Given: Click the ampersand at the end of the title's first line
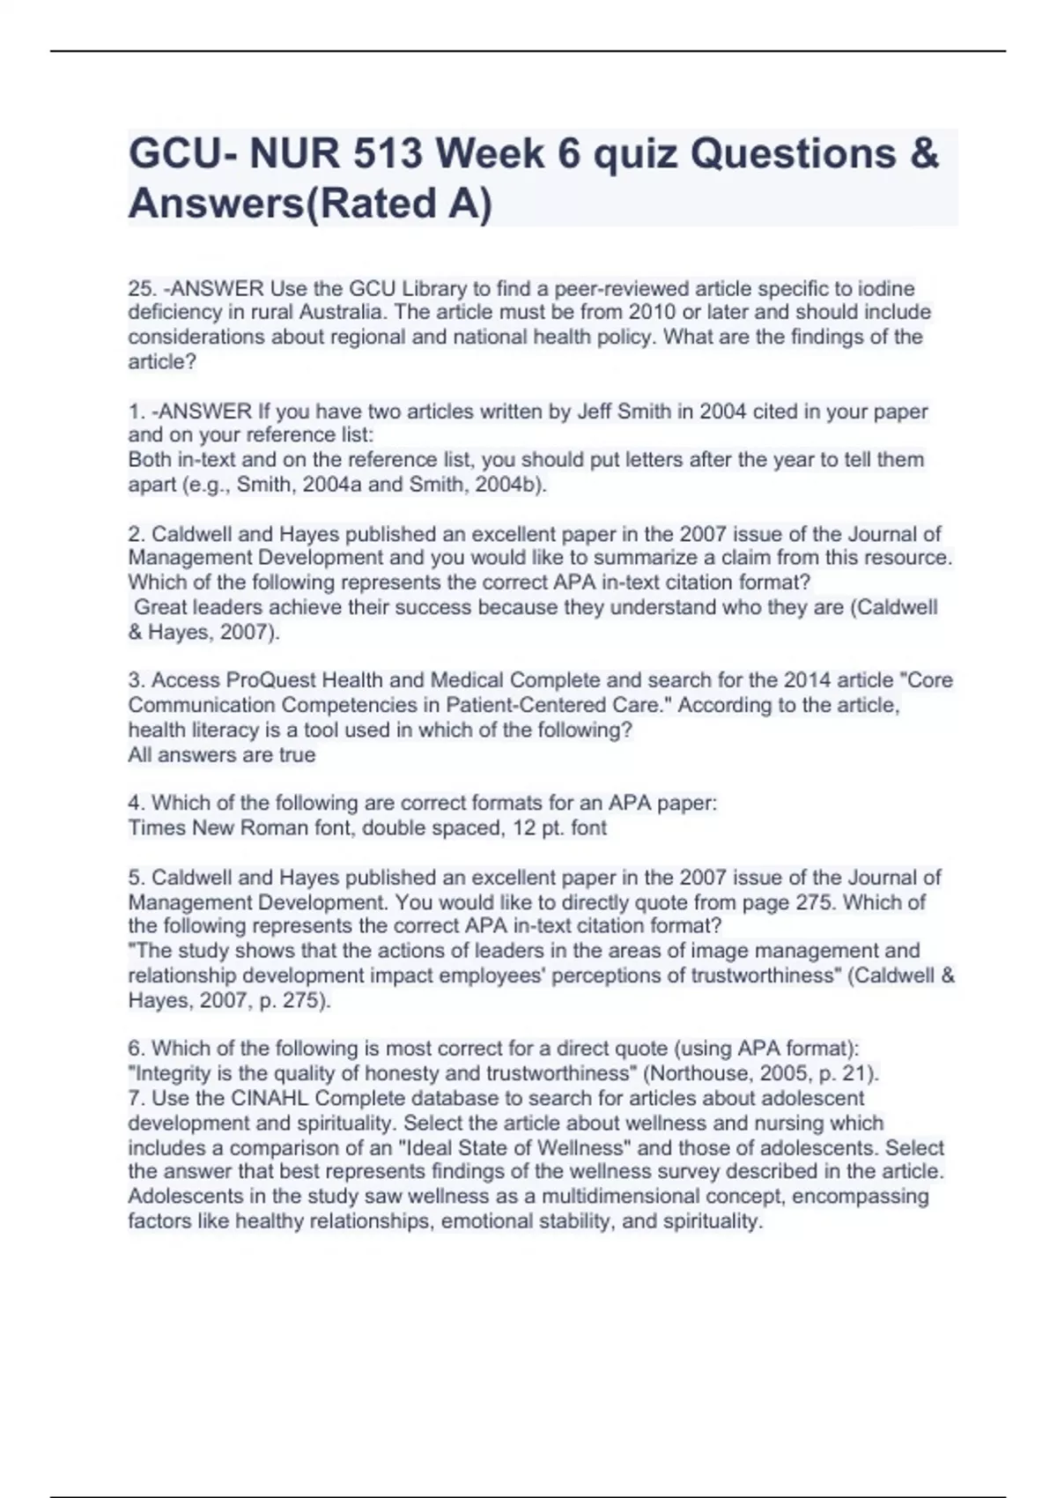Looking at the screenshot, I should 922,154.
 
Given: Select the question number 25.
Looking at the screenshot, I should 140,288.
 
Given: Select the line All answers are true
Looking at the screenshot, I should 222,755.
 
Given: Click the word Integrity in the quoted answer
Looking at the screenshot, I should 172,1074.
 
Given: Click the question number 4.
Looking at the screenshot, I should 135,804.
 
